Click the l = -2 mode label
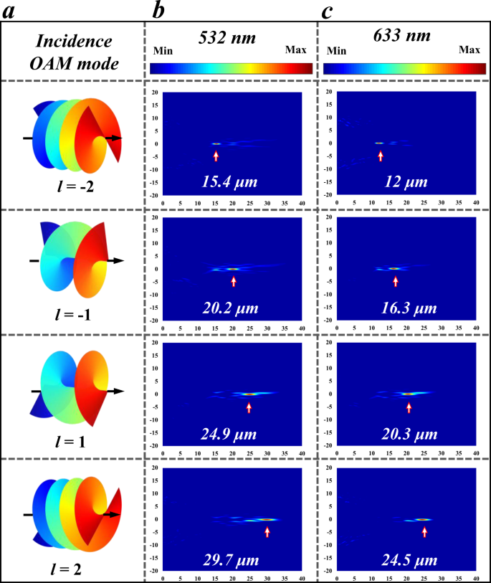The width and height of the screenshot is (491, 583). (x=73, y=189)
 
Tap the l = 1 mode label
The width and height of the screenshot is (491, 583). (x=73, y=442)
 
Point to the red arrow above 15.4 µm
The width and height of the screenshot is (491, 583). (x=216, y=155)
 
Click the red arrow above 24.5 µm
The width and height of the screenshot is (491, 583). (x=424, y=531)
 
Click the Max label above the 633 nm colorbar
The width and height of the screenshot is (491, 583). (x=469, y=50)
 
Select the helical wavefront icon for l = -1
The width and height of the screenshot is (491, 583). (x=75, y=261)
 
